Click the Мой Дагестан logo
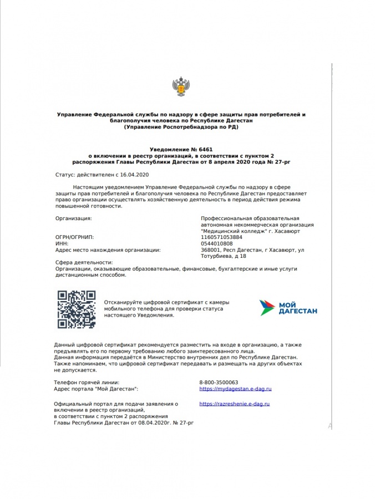pos(288,307)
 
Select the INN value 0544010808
pos(216,243)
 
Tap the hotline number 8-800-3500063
pos(219,383)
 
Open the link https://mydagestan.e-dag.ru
pos(235,389)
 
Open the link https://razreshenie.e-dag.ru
pos(235,405)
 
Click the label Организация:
pos(73,218)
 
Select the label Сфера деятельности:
pos(83,262)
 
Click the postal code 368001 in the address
pos(210,250)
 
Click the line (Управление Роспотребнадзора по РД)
pos(181,128)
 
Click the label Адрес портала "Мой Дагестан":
pos(95,389)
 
